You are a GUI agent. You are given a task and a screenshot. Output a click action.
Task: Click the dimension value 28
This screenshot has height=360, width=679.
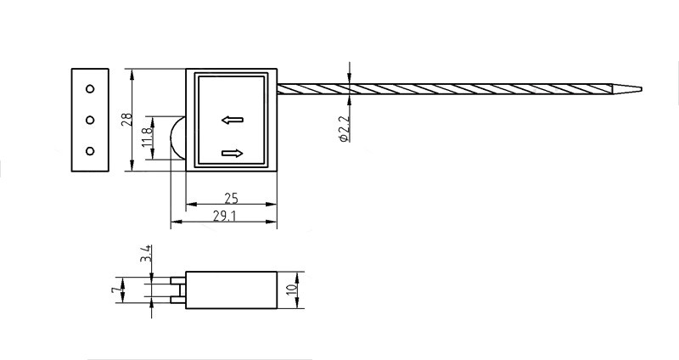(x=126, y=119)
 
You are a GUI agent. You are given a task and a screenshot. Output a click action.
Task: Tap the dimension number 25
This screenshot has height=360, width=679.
(x=231, y=199)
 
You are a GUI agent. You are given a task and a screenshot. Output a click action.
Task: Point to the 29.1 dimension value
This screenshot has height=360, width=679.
(x=225, y=217)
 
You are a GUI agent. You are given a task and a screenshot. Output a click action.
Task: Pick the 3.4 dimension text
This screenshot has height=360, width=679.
(x=146, y=253)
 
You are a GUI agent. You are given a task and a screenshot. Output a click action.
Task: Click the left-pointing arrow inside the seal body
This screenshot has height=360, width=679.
(x=232, y=120)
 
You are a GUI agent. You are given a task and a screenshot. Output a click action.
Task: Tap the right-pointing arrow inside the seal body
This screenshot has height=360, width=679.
(x=232, y=153)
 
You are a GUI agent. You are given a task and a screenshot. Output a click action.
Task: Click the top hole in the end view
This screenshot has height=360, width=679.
(x=90, y=88)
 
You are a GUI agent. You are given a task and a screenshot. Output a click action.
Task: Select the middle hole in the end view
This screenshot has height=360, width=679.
(x=90, y=119)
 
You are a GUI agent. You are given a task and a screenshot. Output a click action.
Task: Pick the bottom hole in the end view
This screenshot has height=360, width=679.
(x=90, y=150)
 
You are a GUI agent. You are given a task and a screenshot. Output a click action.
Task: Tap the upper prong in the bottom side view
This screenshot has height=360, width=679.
(x=177, y=281)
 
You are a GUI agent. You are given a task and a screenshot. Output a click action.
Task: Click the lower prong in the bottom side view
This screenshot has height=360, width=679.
(x=177, y=299)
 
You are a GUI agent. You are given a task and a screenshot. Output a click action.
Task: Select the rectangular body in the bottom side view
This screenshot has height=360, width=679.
(x=232, y=290)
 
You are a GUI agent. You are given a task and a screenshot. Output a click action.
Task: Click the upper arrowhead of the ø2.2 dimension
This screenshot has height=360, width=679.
(x=348, y=78)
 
